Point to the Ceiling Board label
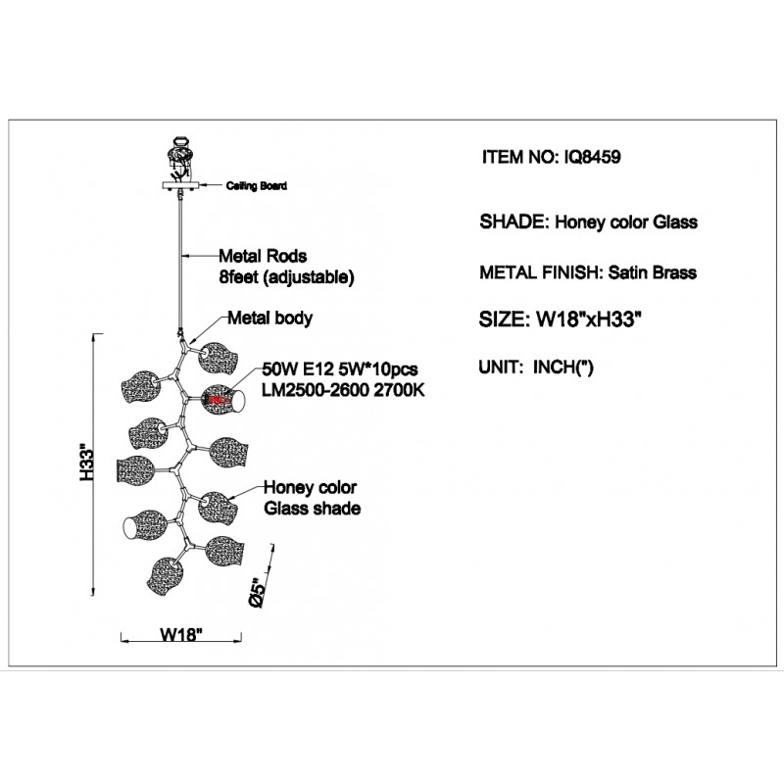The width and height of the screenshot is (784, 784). [259, 184]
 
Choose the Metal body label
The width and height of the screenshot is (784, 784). [270, 318]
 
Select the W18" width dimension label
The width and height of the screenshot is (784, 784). [181, 634]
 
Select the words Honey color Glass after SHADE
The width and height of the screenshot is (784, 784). [626, 221]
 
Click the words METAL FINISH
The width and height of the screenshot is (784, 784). [537, 272]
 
